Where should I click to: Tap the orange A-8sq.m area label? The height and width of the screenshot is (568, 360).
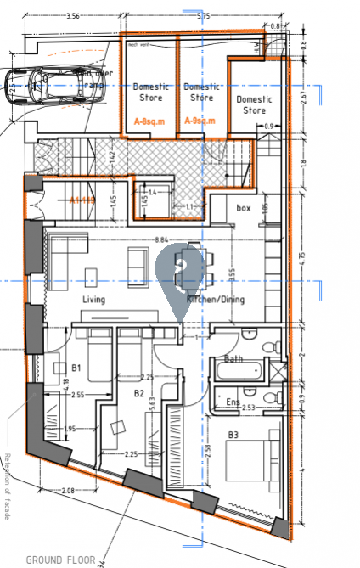pyautogui.click(x=149, y=121)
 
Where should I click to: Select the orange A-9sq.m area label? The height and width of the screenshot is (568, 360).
pyautogui.click(x=200, y=121)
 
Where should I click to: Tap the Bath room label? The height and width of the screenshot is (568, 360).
pyautogui.click(x=232, y=359)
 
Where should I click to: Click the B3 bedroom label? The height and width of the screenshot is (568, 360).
pyautogui.click(x=233, y=436)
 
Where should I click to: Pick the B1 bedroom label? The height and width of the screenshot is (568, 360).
pyautogui.click(x=75, y=368)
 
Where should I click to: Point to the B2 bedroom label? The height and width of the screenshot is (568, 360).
pyautogui.click(x=139, y=394)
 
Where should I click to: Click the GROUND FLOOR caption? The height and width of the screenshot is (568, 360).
pyautogui.click(x=59, y=560)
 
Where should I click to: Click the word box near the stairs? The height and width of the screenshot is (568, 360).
pyautogui.click(x=244, y=208)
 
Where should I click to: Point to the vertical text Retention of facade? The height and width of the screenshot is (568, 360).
pyautogui.click(x=6, y=484)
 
